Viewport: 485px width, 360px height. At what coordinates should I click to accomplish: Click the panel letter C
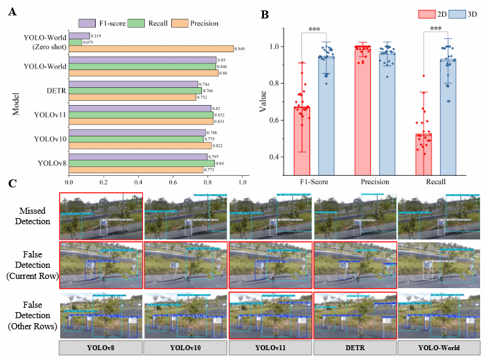click(12, 183)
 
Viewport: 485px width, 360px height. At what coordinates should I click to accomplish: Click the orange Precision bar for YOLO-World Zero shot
click(150, 49)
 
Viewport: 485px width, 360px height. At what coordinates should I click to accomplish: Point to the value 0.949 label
click(241, 49)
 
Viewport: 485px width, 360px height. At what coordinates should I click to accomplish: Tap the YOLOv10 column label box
click(185, 348)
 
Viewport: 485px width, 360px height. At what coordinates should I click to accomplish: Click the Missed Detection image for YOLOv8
click(101, 216)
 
